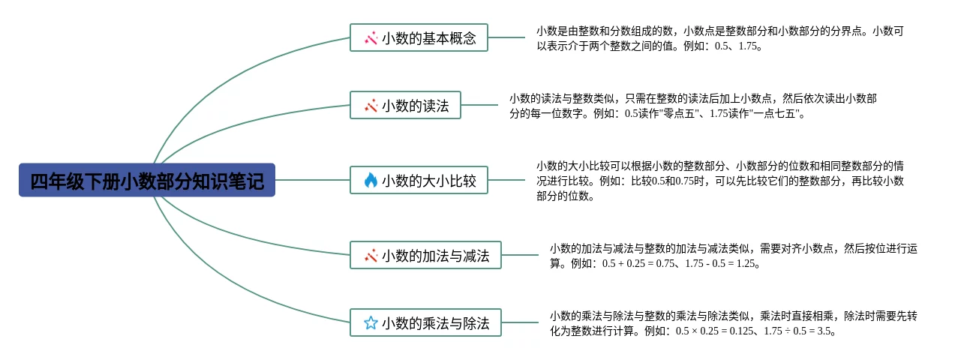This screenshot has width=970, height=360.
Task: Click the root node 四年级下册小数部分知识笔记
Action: (x=147, y=181)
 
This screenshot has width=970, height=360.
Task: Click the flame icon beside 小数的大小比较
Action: (x=371, y=180)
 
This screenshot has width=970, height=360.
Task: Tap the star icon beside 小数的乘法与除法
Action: (x=371, y=323)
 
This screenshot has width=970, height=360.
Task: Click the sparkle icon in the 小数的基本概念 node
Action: (x=371, y=37)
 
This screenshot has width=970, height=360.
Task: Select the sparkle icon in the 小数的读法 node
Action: (x=371, y=106)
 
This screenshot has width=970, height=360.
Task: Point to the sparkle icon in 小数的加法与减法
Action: (x=371, y=256)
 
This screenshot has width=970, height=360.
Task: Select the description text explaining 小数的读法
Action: (x=692, y=106)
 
